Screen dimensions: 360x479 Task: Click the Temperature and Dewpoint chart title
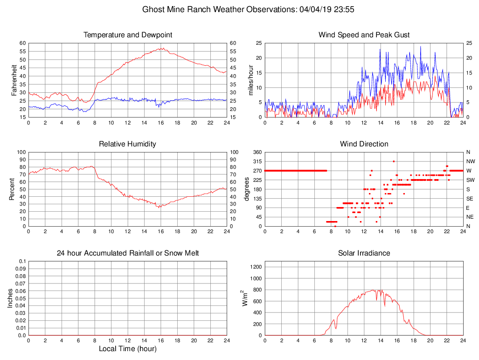pyautogui.click(x=127, y=35)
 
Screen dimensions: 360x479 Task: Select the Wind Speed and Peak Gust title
pyautogui.click(x=364, y=35)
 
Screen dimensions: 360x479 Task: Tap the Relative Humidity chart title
pyautogui.click(x=127, y=144)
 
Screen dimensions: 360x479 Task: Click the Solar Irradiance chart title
pyautogui.click(x=364, y=253)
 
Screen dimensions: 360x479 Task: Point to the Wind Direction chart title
pyautogui.click(x=364, y=144)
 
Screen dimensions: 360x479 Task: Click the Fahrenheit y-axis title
pyautogui.click(x=14, y=80)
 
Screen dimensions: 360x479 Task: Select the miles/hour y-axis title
pyautogui.click(x=251, y=80)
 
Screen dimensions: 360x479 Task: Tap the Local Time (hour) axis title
pyautogui.click(x=127, y=349)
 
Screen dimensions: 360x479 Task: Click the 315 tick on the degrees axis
pyautogui.click(x=257, y=161)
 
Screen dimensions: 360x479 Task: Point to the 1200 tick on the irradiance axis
pyautogui.click(x=256, y=267)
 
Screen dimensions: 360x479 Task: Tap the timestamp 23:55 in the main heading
pyautogui.click(x=345, y=9)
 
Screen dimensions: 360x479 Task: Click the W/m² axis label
pyautogui.click(x=244, y=298)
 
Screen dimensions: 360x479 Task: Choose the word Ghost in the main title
pyautogui.click(x=153, y=9)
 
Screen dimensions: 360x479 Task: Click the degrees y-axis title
pyautogui.click(x=247, y=189)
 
